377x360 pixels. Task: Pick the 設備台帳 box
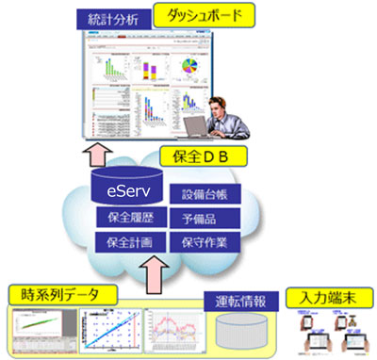pos(209,197)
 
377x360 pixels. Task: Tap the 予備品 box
pos(209,221)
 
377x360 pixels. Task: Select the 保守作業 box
pos(209,243)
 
